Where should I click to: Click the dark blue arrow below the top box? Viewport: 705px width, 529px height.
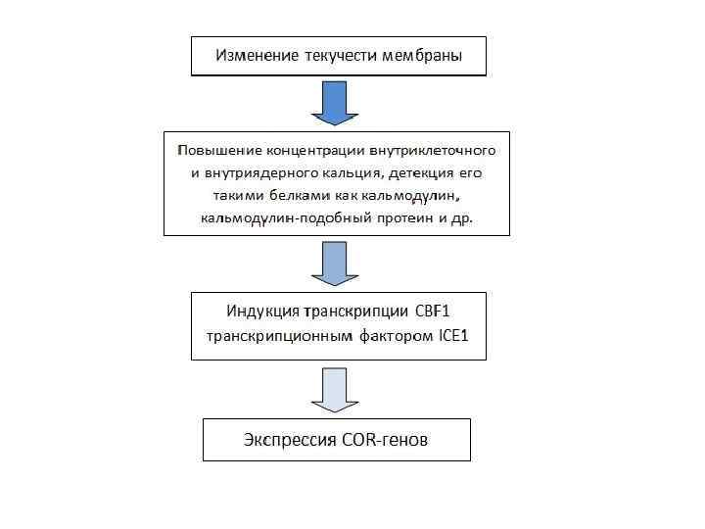pos(336,103)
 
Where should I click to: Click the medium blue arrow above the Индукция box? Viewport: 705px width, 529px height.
pos(336,263)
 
